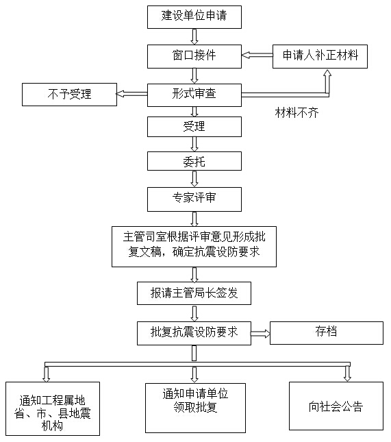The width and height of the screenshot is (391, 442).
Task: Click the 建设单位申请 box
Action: coord(194,17)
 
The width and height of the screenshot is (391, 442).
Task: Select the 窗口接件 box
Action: coord(194,56)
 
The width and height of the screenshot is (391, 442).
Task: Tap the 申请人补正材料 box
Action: coord(320,56)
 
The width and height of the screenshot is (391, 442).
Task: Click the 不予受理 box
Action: coord(70,95)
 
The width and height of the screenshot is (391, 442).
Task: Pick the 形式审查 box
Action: coord(194,95)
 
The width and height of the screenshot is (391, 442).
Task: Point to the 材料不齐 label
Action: coord(297,113)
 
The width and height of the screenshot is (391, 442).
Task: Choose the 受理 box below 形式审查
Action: coord(194,127)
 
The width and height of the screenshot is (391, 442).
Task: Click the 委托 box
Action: coord(194,161)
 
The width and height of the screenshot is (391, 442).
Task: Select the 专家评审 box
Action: coord(194,199)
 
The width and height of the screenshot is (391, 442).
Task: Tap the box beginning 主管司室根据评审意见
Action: coord(194,247)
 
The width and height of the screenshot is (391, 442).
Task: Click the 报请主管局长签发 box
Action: coord(194,293)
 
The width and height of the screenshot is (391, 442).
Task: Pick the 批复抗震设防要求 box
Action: coord(194,333)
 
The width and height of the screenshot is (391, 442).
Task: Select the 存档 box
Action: coord(327,333)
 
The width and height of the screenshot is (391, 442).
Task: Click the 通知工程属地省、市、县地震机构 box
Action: coord(53,408)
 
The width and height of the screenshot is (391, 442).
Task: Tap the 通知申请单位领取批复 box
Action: coord(196,408)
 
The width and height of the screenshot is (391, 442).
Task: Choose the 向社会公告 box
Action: coord(336,406)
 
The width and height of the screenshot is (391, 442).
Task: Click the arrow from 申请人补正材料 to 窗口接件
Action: coord(257,56)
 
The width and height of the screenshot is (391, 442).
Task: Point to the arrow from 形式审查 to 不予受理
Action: coord(132,94)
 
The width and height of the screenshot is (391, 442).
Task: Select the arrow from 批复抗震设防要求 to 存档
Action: coord(260,334)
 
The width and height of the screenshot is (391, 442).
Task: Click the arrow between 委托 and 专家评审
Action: coord(194,179)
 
